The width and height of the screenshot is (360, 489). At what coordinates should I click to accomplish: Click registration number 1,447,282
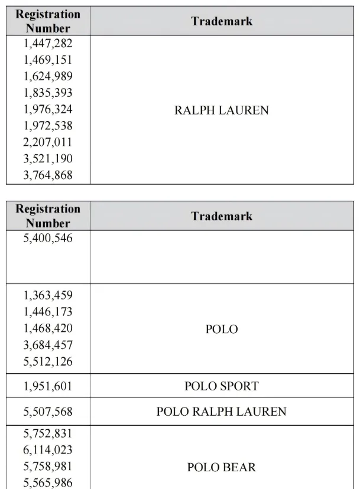[48, 43]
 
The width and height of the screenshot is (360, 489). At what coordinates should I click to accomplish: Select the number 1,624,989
[48, 76]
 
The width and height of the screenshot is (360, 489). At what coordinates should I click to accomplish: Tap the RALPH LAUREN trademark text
[221, 110]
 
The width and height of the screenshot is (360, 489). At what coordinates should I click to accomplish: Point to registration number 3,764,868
[48, 175]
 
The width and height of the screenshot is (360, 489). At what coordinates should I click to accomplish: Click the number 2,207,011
[48, 142]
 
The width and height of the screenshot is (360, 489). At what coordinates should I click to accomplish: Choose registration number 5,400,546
[48, 239]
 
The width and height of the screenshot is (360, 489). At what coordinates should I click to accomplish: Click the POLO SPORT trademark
[221, 386]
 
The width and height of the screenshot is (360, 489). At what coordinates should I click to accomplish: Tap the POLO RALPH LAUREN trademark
[221, 412]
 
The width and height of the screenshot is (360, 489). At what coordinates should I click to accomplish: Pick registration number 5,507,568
[48, 412]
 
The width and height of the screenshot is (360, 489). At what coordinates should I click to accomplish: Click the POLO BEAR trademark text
[221, 467]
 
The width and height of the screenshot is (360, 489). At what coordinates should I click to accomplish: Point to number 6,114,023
[48, 450]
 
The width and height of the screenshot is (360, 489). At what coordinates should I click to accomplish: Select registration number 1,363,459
[48, 295]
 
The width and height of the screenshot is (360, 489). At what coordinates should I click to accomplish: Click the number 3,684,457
[48, 345]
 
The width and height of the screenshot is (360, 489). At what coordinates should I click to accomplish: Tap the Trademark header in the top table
[222, 21]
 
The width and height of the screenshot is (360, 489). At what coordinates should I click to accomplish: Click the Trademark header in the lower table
[222, 216]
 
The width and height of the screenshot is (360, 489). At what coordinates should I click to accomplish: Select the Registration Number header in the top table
[48, 21]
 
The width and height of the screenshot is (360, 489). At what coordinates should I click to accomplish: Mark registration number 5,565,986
[48, 483]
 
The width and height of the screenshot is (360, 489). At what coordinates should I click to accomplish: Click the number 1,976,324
[48, 109]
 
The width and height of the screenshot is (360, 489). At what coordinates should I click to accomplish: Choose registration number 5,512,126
[48, 361]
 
